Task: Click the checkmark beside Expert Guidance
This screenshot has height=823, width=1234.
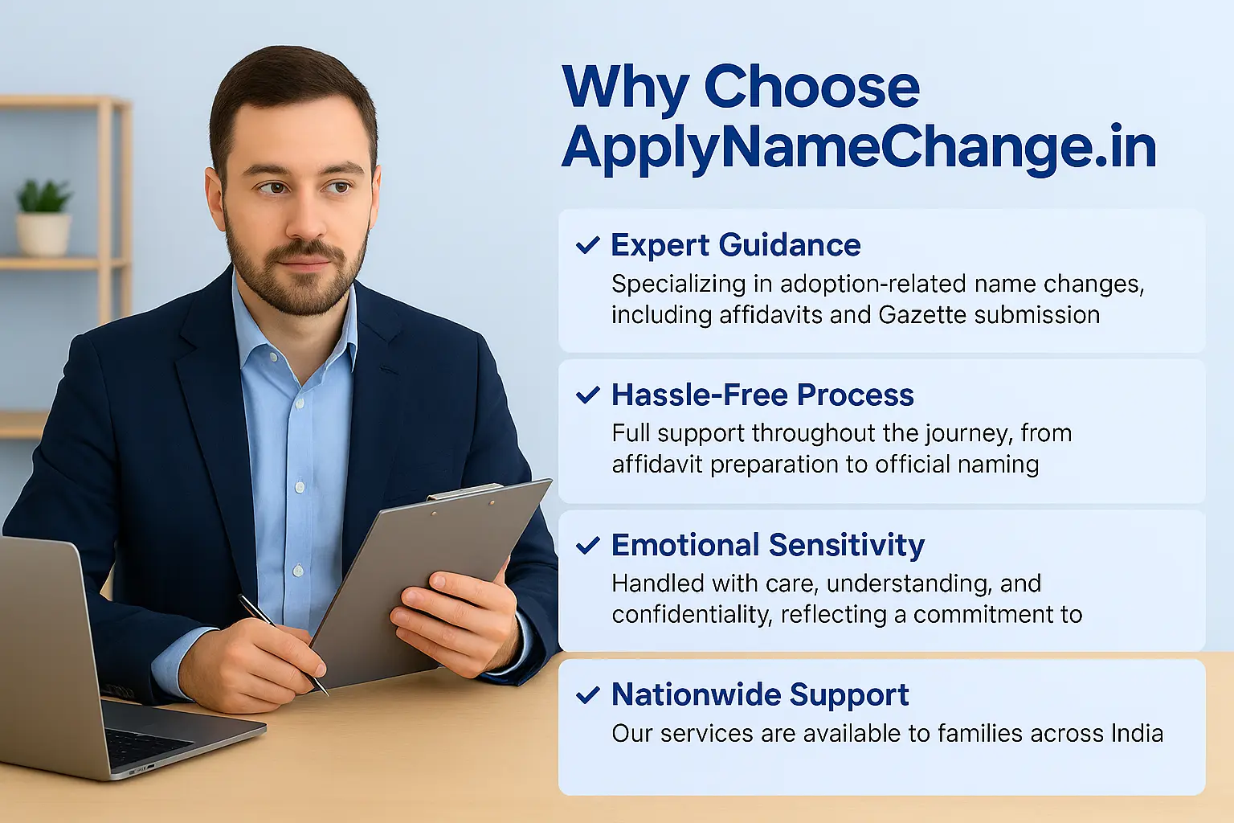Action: pyautogui.click(x=588, y=245)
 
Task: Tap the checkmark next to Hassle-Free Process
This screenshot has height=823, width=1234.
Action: pyautogui.click(x=588, y=395)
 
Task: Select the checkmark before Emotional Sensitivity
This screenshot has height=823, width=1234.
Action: pyautogui.click(x=588, y=546)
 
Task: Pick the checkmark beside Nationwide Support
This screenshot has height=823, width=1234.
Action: pyautogui.click(x=588, y=695)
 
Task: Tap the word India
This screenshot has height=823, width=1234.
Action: pyautogui.click(x=1137, y=733)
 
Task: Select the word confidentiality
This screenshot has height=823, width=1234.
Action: pyautogui.click(x=691, y=614)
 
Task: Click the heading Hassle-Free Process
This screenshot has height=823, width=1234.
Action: pyautogui.click(x=762, y=395)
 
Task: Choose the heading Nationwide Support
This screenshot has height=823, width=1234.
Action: pyautogui.click(x=760, y=694)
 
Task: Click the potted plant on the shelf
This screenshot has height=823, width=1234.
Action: pyautogui.click(x=43, y=217)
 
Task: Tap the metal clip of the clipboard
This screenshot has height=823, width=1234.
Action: pyautogui.click(x=466, y=491)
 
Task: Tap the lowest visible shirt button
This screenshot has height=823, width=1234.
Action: pyautogui.click(x=297, y=570)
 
